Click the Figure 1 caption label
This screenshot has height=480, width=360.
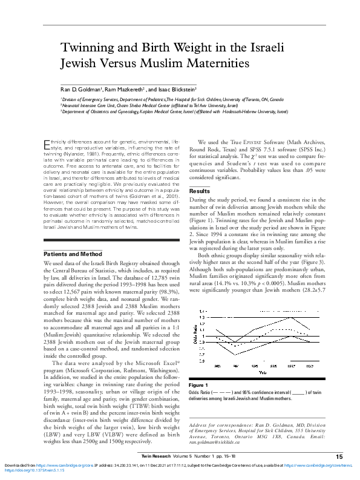click(198, 386)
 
